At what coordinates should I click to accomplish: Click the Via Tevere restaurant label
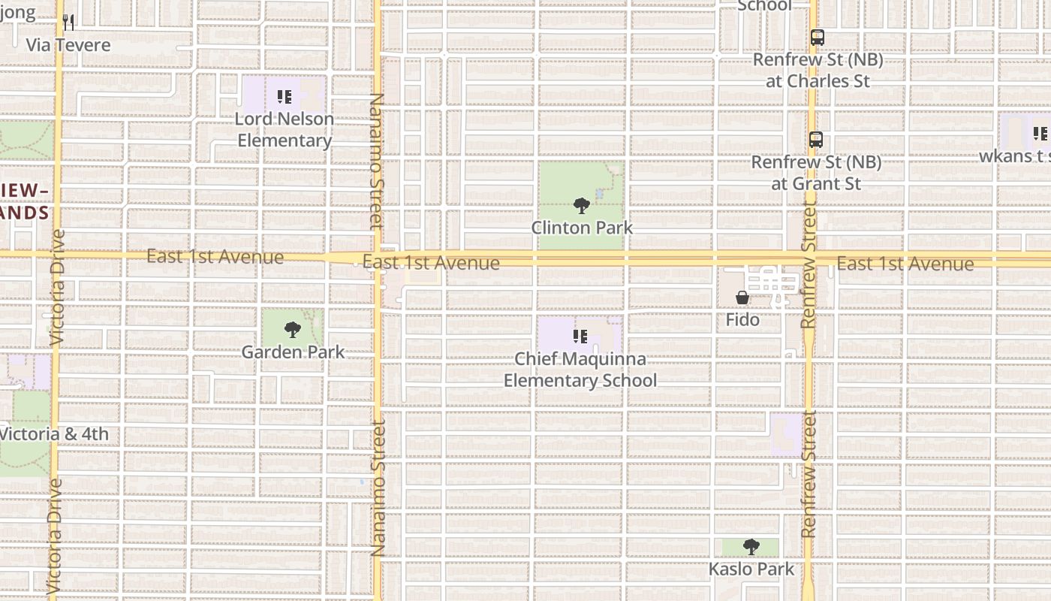point(68,45)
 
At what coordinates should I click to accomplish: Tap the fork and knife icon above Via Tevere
point(68,23)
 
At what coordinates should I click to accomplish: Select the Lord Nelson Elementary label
point(284,129)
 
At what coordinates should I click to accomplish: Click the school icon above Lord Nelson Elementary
point(284,97)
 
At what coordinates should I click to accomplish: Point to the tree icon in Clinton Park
point(581,205)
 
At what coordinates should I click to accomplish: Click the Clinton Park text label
point(582,227)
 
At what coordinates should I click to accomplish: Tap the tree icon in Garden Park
point(293,330)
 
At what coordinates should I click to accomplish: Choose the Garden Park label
point(293,352)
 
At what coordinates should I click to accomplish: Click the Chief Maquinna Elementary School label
point(580,370)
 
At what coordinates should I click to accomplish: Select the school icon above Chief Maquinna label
point(580,337)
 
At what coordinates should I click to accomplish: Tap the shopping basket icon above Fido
point(742,298)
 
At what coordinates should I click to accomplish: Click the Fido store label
point(742,320)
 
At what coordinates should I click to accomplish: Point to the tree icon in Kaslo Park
point(751,547)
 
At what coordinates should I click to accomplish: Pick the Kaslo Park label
point(751,569)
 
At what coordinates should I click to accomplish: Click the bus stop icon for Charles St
point(817,37)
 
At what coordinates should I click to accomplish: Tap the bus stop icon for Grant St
point(816,140)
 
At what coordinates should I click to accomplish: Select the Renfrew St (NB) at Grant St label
point(816,173)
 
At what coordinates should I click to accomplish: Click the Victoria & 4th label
point(54,433)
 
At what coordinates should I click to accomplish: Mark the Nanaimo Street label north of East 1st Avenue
point(376,162)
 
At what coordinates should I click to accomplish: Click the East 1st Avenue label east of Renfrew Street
point(905,264)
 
